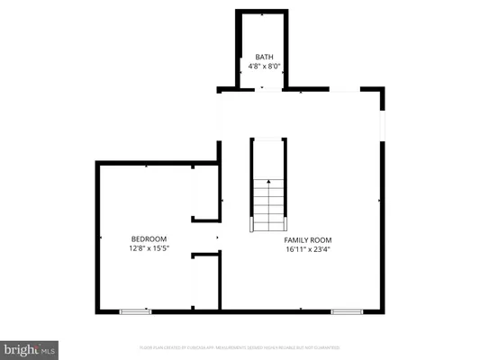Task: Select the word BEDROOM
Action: point(149,238)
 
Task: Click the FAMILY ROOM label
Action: point(308,240)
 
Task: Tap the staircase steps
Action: point(267,206)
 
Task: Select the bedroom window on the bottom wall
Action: point(135,311)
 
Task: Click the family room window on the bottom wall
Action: point(346,311)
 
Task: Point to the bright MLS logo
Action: point(30,346)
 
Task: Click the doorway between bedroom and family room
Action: point(219,238)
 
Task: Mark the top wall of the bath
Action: point(261,12)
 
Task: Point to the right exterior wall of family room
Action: point(385,225)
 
